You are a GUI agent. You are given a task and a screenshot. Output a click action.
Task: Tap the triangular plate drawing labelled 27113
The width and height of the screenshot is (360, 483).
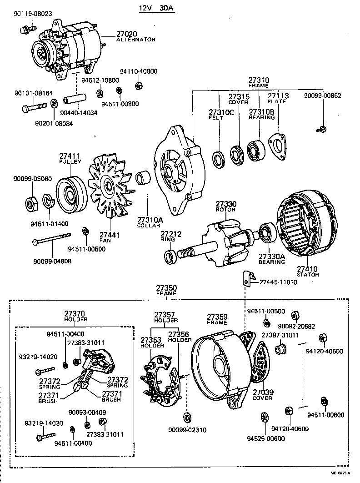tap(278, 147)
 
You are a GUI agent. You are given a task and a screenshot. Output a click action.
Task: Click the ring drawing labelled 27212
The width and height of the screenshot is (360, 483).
tap(170, 257)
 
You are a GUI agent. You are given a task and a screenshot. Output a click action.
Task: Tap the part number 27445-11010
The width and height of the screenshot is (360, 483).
tap(278, 282)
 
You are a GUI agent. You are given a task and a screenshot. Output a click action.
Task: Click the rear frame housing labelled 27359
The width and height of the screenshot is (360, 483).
tap(220, 368)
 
